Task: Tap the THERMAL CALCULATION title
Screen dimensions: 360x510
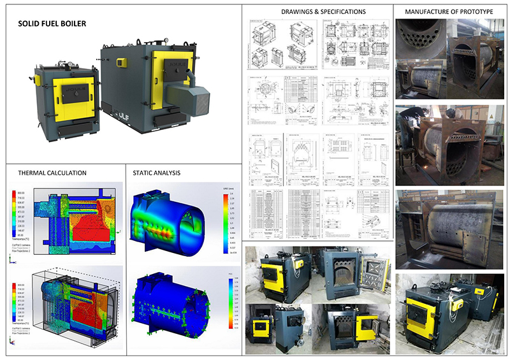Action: pyautogui.click(x=52, y=172)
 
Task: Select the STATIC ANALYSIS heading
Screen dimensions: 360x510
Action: pyautogui.click(x=156, y=172)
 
